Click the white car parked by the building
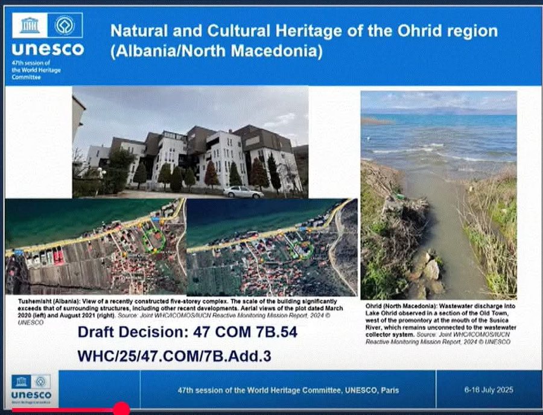point(243,191)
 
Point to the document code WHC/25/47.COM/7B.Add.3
point(174,355)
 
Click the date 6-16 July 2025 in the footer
point(489,390)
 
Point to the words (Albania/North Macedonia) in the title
point(216,51)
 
